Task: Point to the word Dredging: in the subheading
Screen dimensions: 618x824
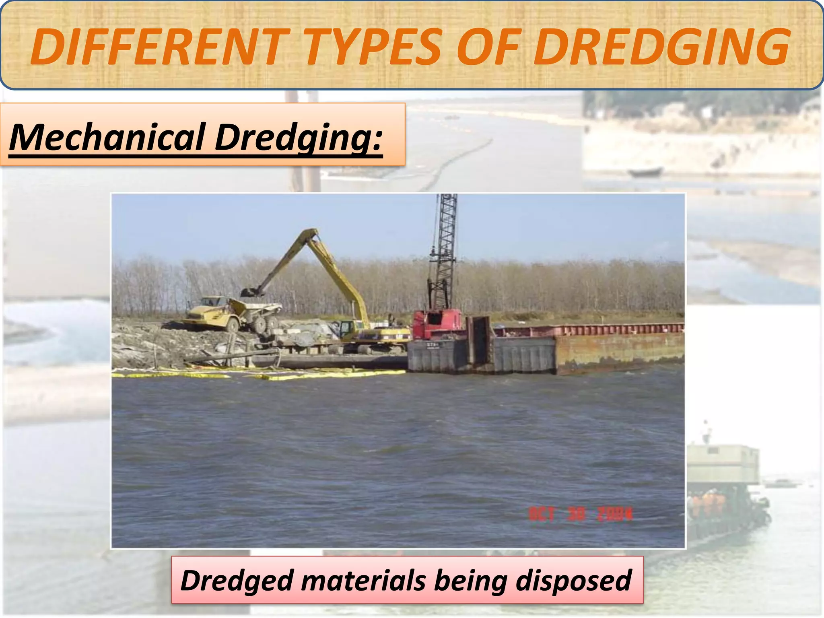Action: (298, 138)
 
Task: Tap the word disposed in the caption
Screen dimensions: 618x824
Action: (573, 581)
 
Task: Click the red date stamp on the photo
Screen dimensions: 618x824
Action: (580, 514)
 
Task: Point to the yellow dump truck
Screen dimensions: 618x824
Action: (233, 313)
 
